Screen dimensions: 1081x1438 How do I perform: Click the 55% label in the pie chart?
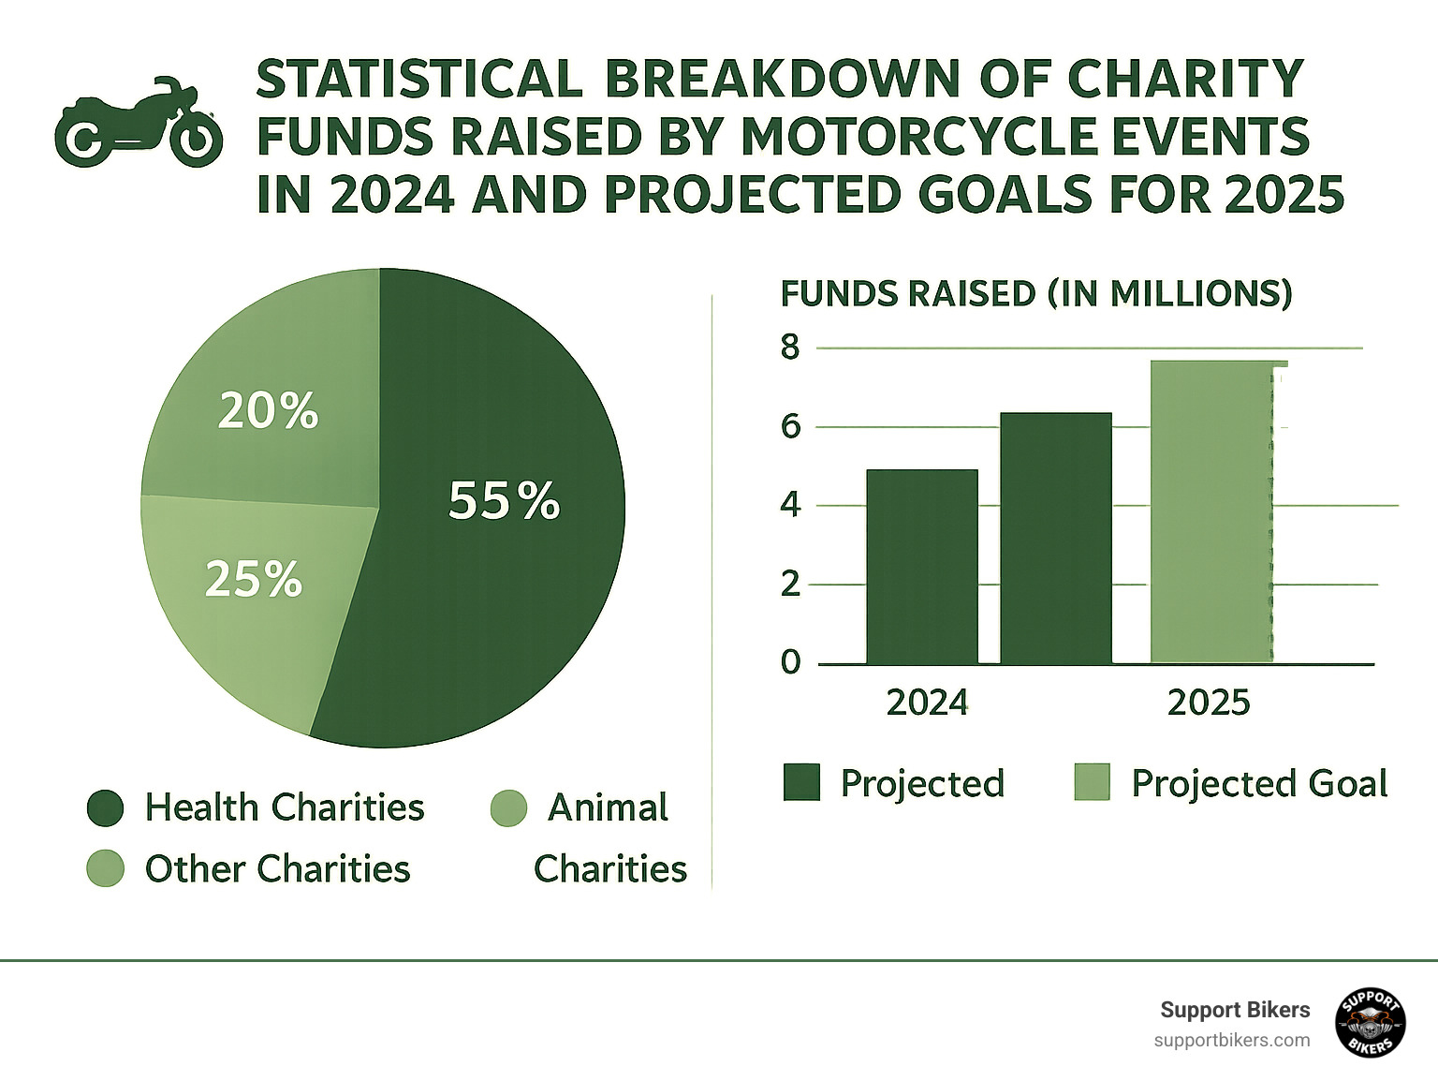click(x=504, y=500)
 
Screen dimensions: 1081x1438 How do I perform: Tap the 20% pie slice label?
click(x=268, y=411)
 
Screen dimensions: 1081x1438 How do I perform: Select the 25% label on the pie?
click(x=254, y=579)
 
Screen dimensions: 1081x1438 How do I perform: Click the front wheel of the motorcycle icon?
click(x=196, y=141)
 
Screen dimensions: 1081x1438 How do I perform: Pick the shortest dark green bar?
click(x=922, y=567)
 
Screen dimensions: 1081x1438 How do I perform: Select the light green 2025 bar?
click(x=1211, y=512)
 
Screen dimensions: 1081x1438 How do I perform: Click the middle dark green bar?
click(x=1056, y=538)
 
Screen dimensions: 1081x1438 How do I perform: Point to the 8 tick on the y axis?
click(x=791, y=348)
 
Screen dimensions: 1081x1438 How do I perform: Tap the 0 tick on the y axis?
click(x=791, y=662)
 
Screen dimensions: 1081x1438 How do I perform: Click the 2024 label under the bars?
click(x=927, y=703)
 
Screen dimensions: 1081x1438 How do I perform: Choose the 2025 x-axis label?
click(x=1209, y=703)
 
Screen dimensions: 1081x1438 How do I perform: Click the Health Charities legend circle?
click(x=105, y=807)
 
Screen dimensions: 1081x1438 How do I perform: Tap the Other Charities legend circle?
click(x=105, y=868)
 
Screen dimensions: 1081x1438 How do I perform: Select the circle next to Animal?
click(x=508, y=807)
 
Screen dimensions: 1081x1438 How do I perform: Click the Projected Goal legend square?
click(x=1092, y=782)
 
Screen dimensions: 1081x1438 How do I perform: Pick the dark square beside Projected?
click(x=801, y=782)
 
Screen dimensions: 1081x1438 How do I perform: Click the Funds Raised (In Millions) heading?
click(x=1036, y=294)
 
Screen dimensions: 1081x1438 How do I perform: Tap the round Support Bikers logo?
click(x=1371, y=1023)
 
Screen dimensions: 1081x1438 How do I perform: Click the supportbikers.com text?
click(x=1232, y=1040)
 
